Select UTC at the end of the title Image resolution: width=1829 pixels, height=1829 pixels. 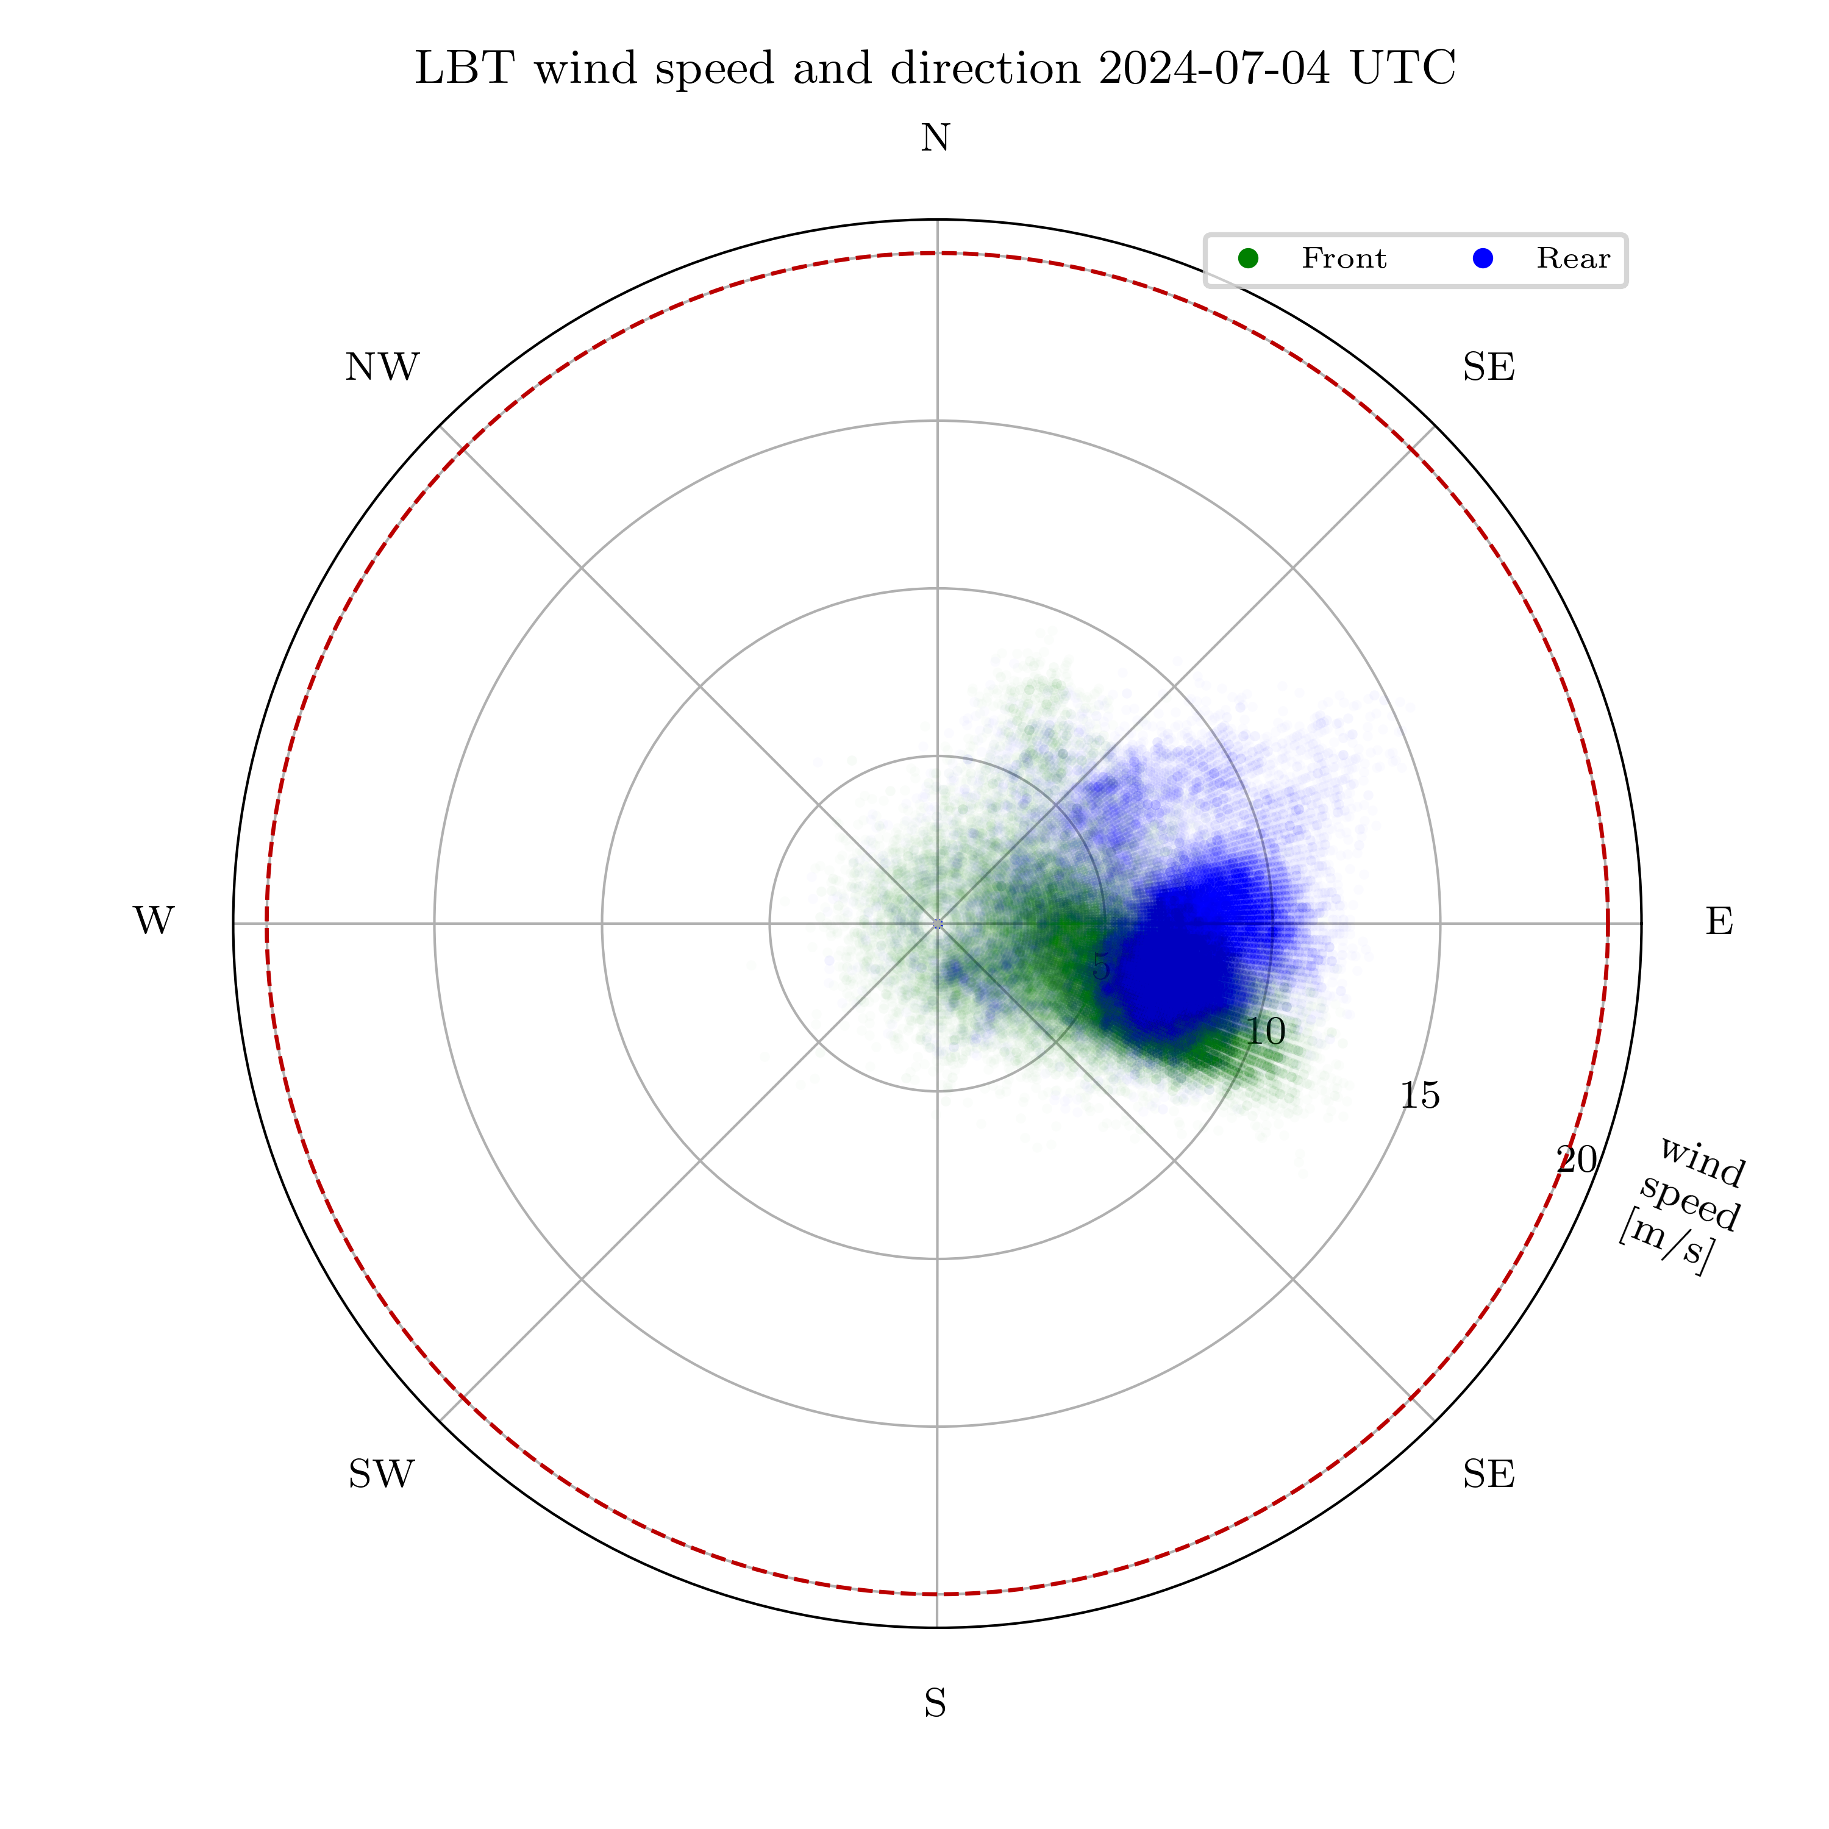click(x=1403, y=69)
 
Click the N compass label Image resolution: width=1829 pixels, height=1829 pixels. click(x=935, y=139)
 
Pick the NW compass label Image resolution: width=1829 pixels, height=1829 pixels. click(x=382, y=367)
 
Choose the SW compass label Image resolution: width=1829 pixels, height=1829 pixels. click(x=382, y=1474)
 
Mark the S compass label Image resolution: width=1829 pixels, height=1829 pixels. click(x=935, y=1704)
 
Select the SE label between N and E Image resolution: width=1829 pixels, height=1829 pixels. click(x=1488, y=367)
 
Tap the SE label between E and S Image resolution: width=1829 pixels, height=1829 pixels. click(x=1488, y=1474)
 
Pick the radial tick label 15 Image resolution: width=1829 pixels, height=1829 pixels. click(x=1420, y=1096)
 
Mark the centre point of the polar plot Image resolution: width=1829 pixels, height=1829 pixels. click(x=937, y=923)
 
